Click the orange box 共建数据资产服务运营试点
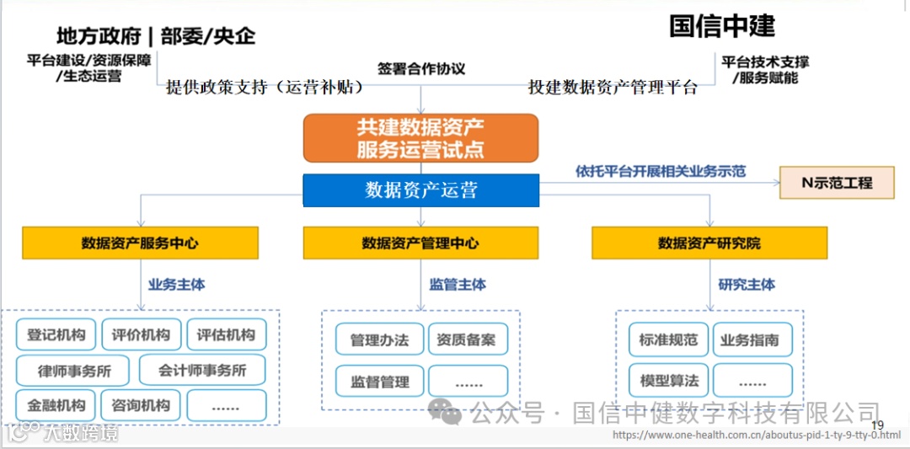point(420,138)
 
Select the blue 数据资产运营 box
point(420,190)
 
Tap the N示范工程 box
point(837,183)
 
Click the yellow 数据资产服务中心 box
point(140,243)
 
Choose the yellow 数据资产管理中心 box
point(420,243)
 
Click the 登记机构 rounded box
point(56,334)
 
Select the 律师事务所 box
point(74,370)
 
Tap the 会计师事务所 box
point(201,370)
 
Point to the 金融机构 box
point(56,405)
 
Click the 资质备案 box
point(468,340)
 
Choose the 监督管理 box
point(379,382)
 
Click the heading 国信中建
point(722,26)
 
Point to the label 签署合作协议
point(421,68)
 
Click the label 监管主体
point(458,285)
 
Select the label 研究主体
point(747,285)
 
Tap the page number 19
point(877,425)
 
